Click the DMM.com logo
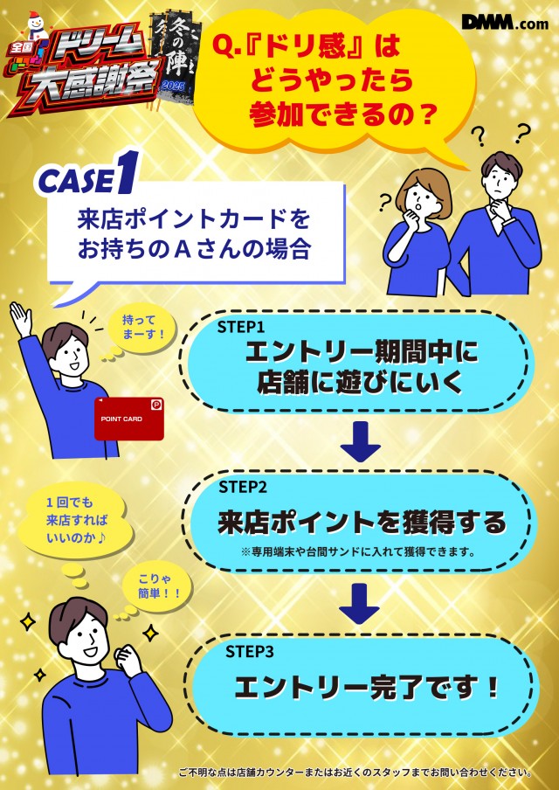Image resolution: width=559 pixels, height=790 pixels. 505,22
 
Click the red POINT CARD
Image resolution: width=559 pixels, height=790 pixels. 129,419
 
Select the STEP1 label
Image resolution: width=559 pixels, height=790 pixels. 241,327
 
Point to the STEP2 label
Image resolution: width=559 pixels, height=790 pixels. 243,488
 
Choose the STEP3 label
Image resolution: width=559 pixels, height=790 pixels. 249,651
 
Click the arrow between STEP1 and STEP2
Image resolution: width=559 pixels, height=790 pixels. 360,441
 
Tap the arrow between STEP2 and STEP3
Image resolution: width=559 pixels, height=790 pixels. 359,604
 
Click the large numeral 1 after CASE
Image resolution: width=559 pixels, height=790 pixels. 126,172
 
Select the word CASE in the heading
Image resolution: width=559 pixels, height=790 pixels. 75,181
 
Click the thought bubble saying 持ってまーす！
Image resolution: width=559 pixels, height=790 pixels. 142,327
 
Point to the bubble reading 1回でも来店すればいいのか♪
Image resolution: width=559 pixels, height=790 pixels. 77,521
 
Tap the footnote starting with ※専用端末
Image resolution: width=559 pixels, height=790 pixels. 359,551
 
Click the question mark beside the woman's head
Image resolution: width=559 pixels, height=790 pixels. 386,203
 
